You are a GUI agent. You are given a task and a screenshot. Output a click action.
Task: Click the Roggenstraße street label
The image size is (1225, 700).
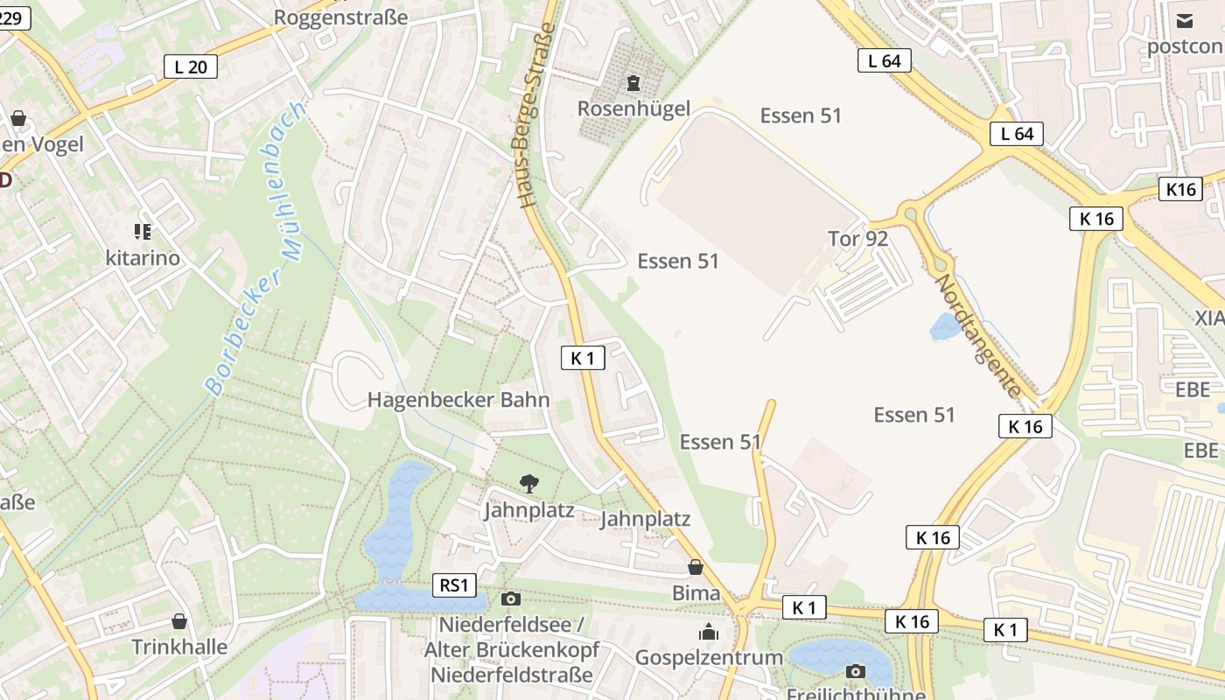341,17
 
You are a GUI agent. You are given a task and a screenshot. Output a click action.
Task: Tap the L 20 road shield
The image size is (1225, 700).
190,66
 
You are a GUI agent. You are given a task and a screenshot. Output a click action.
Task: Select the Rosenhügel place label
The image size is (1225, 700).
633,108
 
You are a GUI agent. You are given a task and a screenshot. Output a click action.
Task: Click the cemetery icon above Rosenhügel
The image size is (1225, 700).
633,84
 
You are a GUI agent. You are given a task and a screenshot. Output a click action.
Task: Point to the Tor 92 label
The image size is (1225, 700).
857,239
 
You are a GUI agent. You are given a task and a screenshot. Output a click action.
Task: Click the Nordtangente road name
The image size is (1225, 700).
978,336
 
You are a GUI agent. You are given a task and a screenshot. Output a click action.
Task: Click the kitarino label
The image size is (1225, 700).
142,257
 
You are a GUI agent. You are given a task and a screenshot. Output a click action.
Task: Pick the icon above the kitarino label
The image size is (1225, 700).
142,232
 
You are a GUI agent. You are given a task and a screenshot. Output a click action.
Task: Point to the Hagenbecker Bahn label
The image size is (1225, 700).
458,400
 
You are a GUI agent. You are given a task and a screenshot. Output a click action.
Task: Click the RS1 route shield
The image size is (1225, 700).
455,585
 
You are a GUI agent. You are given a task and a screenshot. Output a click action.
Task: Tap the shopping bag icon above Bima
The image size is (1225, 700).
696,567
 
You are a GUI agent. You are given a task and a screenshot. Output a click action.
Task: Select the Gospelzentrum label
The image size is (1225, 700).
709,657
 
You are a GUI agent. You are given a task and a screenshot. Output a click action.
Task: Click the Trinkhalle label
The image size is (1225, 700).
179,647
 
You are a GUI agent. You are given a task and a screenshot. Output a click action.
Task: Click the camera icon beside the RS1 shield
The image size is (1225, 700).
511,598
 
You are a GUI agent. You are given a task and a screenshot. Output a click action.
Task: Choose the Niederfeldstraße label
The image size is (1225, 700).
511,675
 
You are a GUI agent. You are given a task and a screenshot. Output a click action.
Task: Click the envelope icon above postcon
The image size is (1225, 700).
1184,21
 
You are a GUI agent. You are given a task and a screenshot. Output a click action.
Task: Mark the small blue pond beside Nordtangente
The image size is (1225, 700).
946,327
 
